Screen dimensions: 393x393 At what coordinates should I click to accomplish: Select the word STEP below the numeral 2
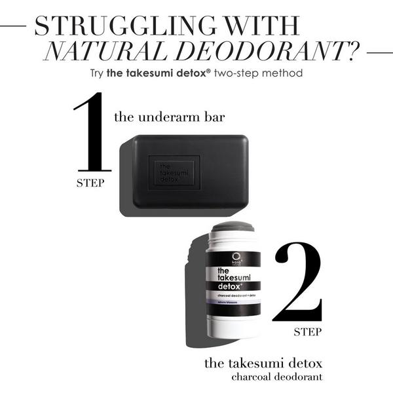(x=307, y=331)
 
